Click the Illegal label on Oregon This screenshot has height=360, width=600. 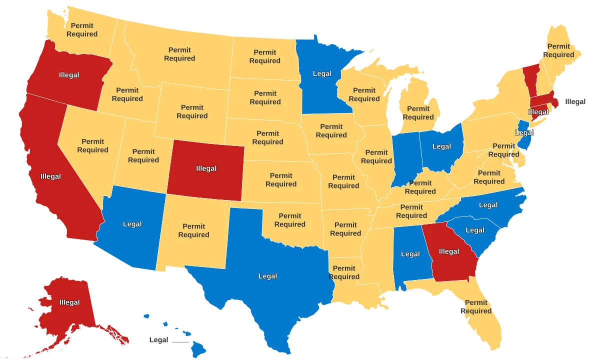pos(69,75)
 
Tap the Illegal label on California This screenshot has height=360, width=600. pos(50,176)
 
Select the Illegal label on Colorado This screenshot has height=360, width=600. pos(206,168)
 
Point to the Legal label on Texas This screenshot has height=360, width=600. pos(267,276)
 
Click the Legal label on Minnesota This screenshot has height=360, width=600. pos(322,74)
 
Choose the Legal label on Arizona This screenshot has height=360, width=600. pos(132,224)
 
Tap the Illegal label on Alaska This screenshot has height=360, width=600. pos(69,302)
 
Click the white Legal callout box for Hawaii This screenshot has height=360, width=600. pos(159,340)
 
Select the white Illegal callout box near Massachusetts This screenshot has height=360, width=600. pos(575,101)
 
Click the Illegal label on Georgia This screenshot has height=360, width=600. pos(448,251)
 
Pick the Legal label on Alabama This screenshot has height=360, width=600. pos(410,254)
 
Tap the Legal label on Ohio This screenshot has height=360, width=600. pos(441,146)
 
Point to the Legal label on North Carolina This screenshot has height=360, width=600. pos(488,205)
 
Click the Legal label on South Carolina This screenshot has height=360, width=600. pos(474,230)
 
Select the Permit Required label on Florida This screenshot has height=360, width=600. pos(476,306)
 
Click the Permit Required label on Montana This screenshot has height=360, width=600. pos(179,54)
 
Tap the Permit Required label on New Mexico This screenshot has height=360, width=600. pos(193,230)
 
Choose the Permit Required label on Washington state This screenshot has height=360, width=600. pos(82,30)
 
